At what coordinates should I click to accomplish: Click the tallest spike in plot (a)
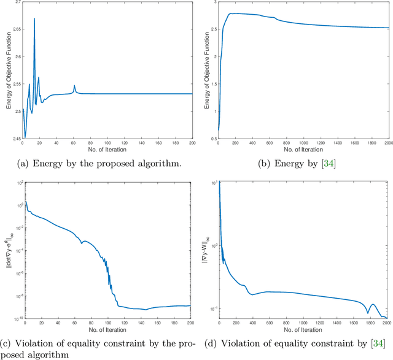pos(34,18)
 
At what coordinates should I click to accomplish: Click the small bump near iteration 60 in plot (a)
pos(74,86)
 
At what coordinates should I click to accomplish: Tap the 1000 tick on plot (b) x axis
pos(304,143)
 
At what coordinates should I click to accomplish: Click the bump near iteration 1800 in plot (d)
pos(372,304)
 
